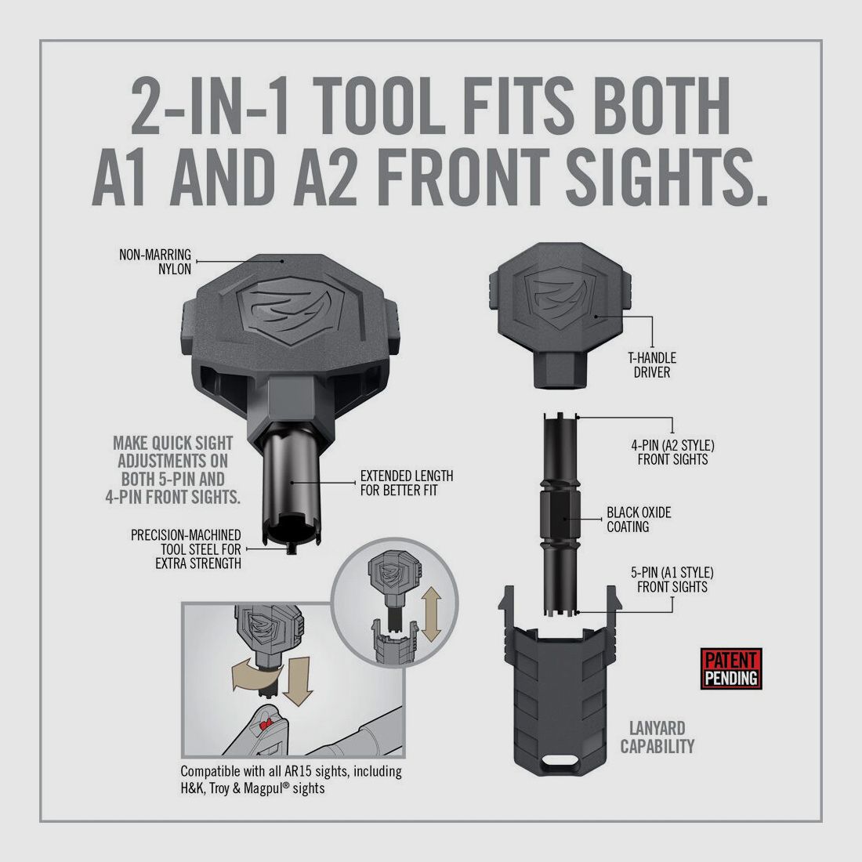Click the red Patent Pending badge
coord(731,669)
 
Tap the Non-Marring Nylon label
coord(155,262)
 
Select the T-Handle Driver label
coord(651,364)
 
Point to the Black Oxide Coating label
coord(639,520)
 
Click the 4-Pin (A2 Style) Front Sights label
coord(673,452)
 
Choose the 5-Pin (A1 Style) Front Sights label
coord(673,580)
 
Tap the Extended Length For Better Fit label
coord(406,483)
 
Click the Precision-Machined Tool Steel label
coord(186,549)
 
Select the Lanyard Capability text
coord(657,737)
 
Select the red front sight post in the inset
coord(266,721)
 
